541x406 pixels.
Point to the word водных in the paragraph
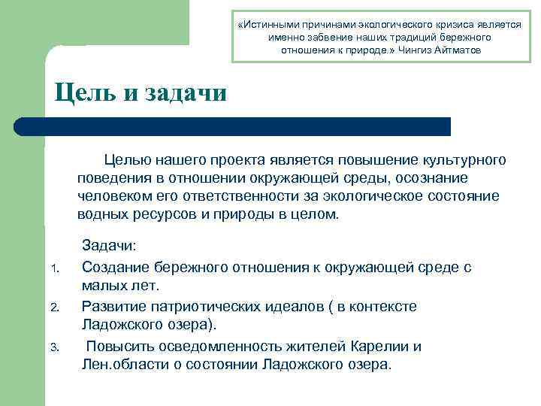[102, 214]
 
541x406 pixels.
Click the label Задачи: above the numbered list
[109, 247]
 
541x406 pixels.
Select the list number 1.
[54, 269]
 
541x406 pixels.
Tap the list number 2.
[54, 308]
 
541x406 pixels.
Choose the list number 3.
[54, 347]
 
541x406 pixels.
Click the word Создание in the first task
[116, 267]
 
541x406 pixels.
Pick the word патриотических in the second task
[207, 306]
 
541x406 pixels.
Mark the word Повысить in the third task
[119, 346]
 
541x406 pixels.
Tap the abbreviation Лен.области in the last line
[124, 365]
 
